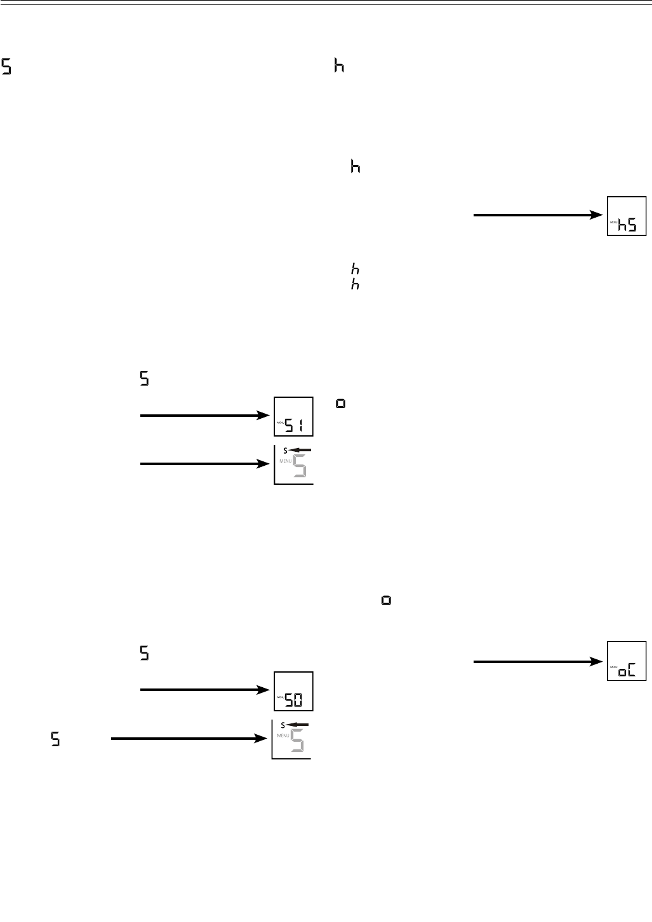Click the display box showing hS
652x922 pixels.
pyautogui.click(x=627, y=216)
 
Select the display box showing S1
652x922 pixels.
pyautogui.click(x=293, y=416)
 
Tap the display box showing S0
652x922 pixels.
pyautogui.click(x=293, y=691)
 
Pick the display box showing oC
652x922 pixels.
pyautogui.click(x=627, y=661)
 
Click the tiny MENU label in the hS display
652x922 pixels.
pyautogui.click(x=613, y=222)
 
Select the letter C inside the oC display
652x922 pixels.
pyautogui.click(x=632, y=671)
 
